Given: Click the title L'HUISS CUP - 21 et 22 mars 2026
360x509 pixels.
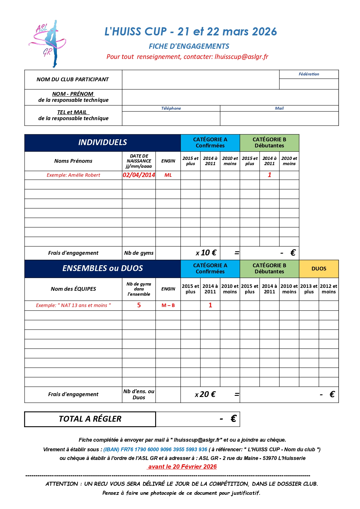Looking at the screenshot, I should pyautogui.click(x=191, y=32).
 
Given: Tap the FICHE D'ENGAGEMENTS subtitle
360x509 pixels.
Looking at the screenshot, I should pyautogui.click(x=189, y=46).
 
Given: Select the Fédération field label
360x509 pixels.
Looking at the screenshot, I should pyautogui.click(x=309, y=74).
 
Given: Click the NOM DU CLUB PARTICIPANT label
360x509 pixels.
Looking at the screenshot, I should pyautogui.click(x=73, y=80).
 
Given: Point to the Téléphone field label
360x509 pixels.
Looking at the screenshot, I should pyautogui.click(x=171, y=108).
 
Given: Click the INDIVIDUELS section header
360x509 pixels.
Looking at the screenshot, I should pyautogui.click(x=102, y=142).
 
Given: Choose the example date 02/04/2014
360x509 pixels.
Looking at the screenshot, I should pyautogui.click(x=139, y=175).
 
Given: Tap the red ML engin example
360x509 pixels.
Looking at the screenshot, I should pyautogui.click(x=168, y=175).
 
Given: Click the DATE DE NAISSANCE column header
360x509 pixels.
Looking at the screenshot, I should pyautogui.click(x=139, y=161).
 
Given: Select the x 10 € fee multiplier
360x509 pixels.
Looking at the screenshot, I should pyautogui.click(x=206, y=253).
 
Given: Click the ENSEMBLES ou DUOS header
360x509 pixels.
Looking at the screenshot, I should pyautogui.click(x=102, y=268).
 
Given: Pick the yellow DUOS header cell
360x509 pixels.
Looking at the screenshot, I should pyautogui.click(x=319, y=269).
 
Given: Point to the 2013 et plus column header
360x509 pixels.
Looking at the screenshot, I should pyautogui.click(x=309, y=289).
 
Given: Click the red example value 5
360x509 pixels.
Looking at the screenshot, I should pyautogui.click(x=139, y=305).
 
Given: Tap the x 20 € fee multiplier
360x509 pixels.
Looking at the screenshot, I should pyautogui.click(x=205, y=394).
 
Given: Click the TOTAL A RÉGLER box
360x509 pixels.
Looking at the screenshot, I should pyautogui.click(x=90, y=419).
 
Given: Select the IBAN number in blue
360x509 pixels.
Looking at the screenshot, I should pyautogui.click(x=155, y=450).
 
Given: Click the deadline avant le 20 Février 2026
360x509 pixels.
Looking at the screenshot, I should pyautogui.click(x=182, y=467).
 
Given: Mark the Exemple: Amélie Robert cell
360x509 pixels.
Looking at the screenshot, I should pyautogui.click(x=73, y=175).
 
